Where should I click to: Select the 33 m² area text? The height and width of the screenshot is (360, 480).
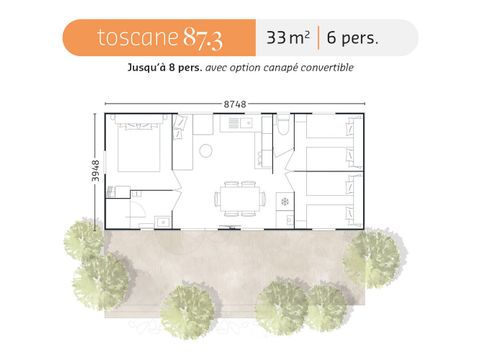tap(287, 39)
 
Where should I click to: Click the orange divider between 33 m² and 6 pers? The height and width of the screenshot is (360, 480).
tap(320, 39)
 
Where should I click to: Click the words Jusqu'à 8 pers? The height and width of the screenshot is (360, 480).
tap(169, 68)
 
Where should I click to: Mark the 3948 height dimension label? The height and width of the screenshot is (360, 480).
tap(87, 169)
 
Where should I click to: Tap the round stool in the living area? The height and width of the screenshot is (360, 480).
tap(204, 152)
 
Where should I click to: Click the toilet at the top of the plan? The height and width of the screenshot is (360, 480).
tap(283, 127)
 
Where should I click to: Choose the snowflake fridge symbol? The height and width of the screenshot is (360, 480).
tap(284, 201)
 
